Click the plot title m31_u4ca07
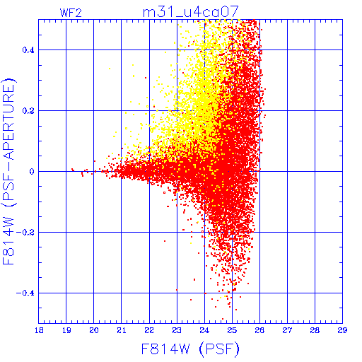(x=191, y=12)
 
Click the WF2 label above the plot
(x=71, y=13)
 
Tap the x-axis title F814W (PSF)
(x=190, y=349)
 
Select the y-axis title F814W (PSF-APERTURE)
(x=9, y=171)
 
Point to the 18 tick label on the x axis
(x=39, y=330)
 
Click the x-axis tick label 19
(x=66, y=330)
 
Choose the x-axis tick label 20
(x=94, y=330)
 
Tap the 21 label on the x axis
(x=122, y=330)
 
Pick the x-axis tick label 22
(x=149, y=330)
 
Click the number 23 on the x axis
(x=177, y=330)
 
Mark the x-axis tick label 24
(x=204, y=330)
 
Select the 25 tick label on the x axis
(x=232, y=330)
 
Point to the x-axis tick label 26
(x=259, y=330)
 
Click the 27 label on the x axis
(x=287, y=330)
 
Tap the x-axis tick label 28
(x=315, y=330)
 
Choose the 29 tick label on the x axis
(x=342, y=330)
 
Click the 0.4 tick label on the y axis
(x=28, y=50)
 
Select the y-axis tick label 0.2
(x=28, y=111)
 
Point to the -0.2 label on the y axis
(x=25, y=233)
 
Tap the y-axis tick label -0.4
(x=25, y=293)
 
